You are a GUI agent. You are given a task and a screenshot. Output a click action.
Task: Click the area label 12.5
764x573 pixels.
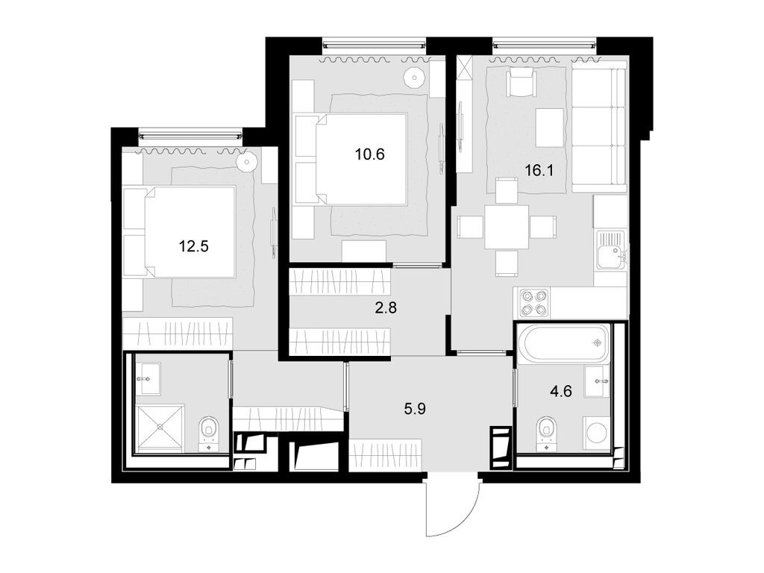point(193,245)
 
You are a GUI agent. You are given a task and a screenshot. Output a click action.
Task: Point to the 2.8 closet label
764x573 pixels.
point(386,307)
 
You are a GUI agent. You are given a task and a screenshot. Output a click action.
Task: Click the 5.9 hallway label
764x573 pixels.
point(418,408)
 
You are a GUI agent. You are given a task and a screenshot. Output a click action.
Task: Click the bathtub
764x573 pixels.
point(564,343)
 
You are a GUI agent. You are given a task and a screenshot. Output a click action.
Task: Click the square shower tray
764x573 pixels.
point(159,428)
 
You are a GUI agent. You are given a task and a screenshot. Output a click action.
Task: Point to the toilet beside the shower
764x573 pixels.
point(209,431)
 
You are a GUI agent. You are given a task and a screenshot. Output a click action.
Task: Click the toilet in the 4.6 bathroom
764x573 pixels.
point(547,431)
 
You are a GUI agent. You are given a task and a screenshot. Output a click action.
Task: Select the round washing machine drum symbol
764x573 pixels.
point(596,433)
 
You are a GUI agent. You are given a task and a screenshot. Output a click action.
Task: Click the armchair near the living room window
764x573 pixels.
point(520,81)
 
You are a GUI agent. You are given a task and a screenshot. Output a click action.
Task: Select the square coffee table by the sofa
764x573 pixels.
point(550,128)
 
